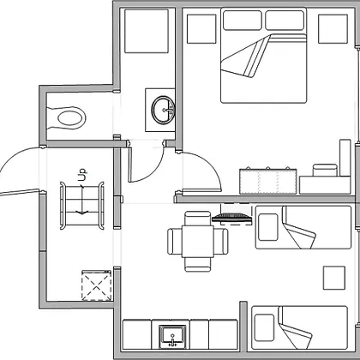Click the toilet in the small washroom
click(x=66, y=117)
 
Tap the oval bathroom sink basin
click(x=163, y=110)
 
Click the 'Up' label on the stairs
click(x=82, y=175)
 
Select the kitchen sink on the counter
click(x=172, y=337)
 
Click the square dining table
click(x=198, y=242)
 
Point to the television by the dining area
click(x=232, y=218)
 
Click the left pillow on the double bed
click(x=243, y=21)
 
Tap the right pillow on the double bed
click(x=285, y=21)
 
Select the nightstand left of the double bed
click(x=201, y=29)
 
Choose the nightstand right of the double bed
click(x=333, y=29)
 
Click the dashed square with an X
click(x=97, y=285)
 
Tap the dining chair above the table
click(x=198, y=219)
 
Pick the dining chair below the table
click(x=198, y=264)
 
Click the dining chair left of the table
click(x=175, y=242)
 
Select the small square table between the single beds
click(x=334, y=278)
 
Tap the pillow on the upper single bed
click(x=268, y=227)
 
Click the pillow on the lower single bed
click(x=264, y=327)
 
